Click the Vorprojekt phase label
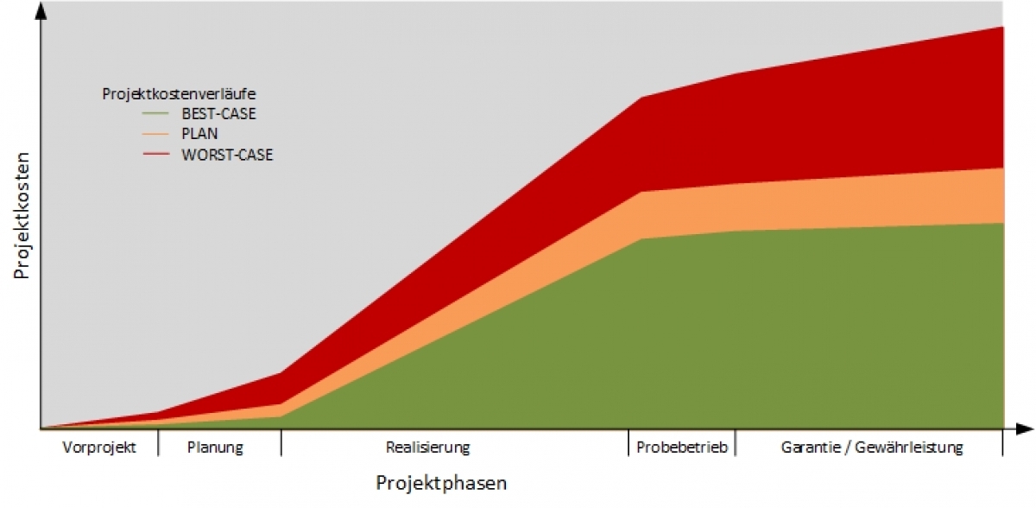coord(100,448)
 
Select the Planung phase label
coord(216,448)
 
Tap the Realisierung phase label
coord(427,448)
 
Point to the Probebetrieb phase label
coord(682,448)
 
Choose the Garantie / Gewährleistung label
coord(872,448)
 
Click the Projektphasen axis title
coord(441,483)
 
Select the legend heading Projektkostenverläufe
coord(179,93)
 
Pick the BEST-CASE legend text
coord(218,113)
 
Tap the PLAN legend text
coord(199,134)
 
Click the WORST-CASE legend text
coord(227,156)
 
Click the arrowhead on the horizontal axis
coord(1025,429)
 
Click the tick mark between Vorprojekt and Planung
coord(159,442)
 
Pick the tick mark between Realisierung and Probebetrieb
coord(628,442)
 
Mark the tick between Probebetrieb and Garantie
coord(736,442)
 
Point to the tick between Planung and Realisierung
coord(281,442)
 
